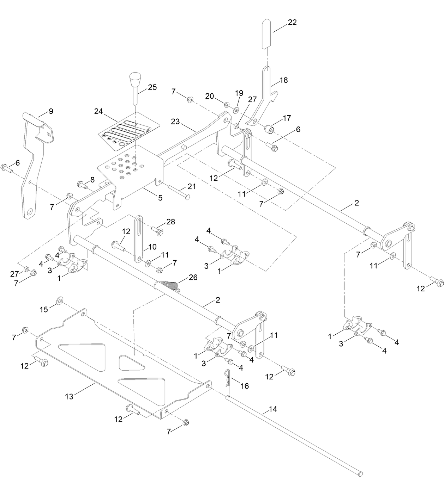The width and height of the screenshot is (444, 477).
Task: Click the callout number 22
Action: pyautogui.click(x=292, y=22)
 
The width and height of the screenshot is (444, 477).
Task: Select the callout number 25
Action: pyautogui.click(x=152, y=87)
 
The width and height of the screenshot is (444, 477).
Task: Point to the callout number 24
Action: pyautogui.click(x=98, y=111)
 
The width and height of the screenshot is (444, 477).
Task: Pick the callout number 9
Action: pyautogui.click(x=51, y=111)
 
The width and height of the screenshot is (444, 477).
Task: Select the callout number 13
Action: pyautogui.click(x=69, y=396)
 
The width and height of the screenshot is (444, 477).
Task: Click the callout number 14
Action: pyautogui.click(x=272, y=409)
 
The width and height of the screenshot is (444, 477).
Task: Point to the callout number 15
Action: pyautogui.click(x=43, y=309)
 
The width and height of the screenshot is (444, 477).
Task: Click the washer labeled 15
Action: pyautogui.click(x=59, y=300)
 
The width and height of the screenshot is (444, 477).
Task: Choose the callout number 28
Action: pyautogui.click(x=171, y=222)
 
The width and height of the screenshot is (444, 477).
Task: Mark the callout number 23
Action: pyautogui.click(x=175, y=122)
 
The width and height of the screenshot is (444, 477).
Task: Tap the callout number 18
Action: pyautogui.click(x=283, y=80)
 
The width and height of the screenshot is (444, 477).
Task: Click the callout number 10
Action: pyautogui.click(x=152, y=247)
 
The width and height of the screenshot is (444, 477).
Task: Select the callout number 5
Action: pyautogui.click(x=160, y=198)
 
